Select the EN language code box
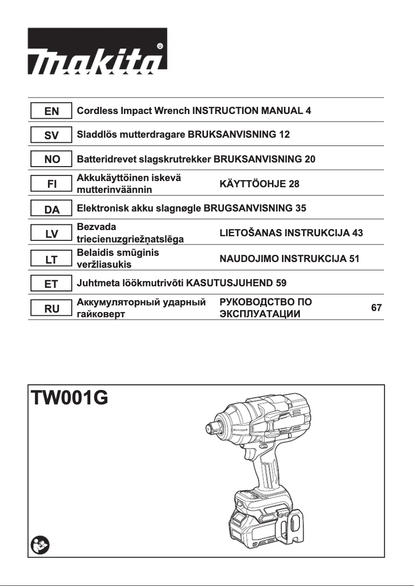pos(52,111)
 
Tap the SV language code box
pos(52,136)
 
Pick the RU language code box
pos(52,308)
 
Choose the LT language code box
pos(52,259)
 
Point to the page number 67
pos(376,308)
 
